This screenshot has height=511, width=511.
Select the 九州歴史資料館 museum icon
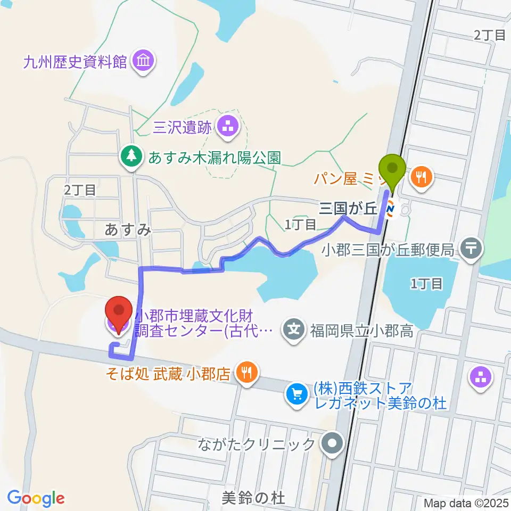pyautogui.click(x=144, y=61)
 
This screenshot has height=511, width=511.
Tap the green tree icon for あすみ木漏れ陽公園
pyautogui.click(x=131, y=156)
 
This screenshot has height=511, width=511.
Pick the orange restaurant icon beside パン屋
pyautogui.click(x=423, y=177)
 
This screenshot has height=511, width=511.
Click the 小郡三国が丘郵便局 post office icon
pyautogui.click(x=471, y=247)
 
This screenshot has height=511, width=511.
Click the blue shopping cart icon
pyautogui.click(x=296, y=394)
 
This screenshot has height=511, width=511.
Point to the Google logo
pyautogui.click(x=36, y=498)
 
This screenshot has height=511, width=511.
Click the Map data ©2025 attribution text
pyautogui.click(x=466, y=502)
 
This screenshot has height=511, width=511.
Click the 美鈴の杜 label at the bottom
pyautogui.click(x=253, y=498)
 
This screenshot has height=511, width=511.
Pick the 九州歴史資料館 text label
pyautogui.click(x=75, y=62)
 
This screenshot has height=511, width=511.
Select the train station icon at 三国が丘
pyautogui.click(x=391, y=210)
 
